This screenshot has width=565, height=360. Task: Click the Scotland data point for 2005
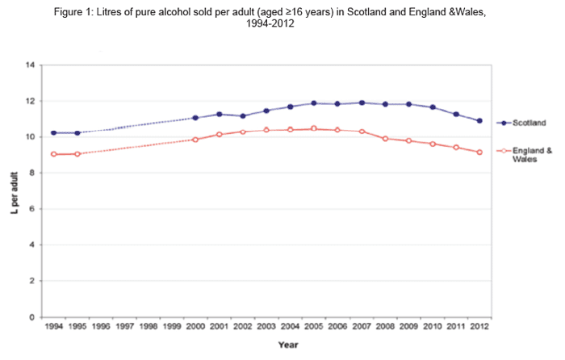(313, 103)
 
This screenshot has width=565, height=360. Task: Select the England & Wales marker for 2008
(386, 139)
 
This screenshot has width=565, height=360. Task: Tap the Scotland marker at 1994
(53, 132)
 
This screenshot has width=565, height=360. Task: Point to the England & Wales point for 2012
(479, 153)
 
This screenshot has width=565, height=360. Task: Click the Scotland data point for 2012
(479, 121)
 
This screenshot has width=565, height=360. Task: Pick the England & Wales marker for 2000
(195, 140)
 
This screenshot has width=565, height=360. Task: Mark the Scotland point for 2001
(219, 114)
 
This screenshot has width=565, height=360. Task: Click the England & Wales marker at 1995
(77, 153)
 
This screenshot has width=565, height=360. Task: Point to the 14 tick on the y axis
(31, 65)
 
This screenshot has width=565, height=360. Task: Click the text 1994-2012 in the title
(282, 25)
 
